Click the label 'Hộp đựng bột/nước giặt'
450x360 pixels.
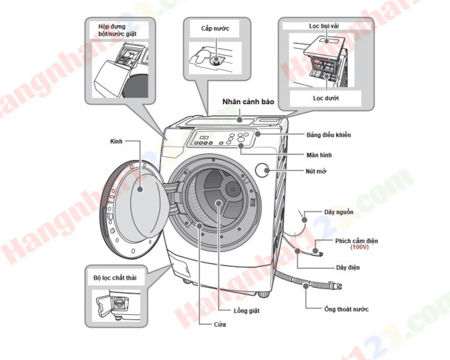123,30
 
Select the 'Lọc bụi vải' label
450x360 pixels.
324,27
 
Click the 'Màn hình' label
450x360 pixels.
319,155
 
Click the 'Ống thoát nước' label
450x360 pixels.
346,309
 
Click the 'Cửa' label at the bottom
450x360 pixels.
220,325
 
